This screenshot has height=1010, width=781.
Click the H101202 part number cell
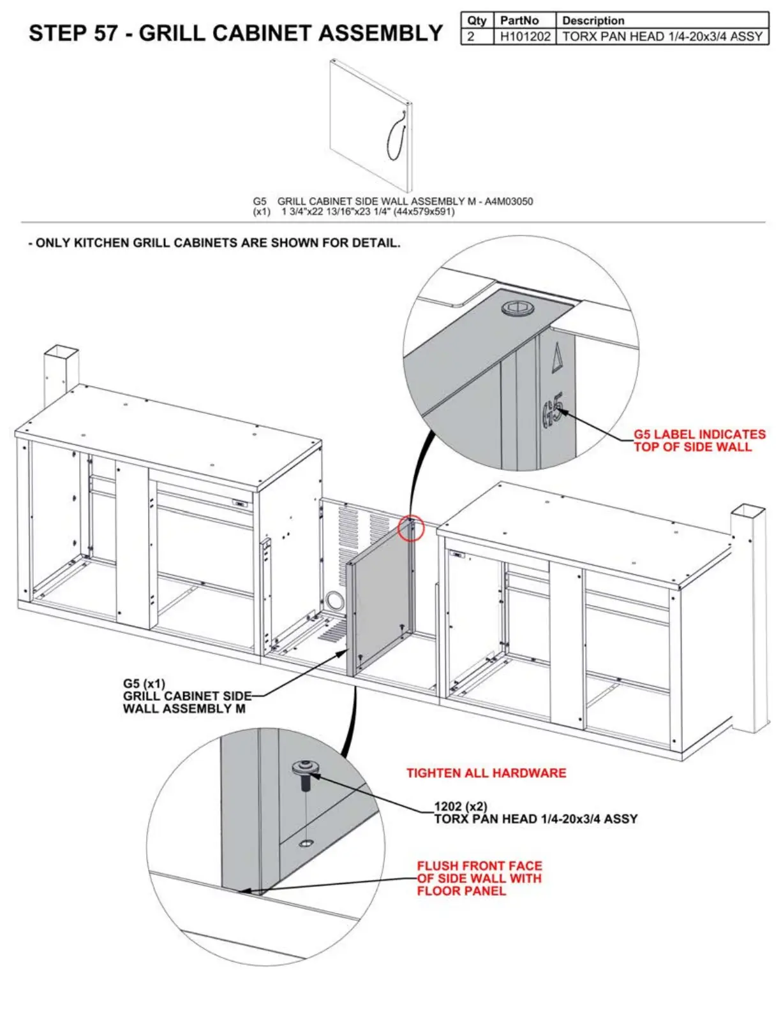click(524, 36)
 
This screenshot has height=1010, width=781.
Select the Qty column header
click(477, 20)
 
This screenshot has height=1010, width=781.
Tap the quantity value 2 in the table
click(471, 36)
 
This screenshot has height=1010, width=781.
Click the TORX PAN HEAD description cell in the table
click(662, 36)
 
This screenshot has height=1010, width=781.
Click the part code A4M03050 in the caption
click(509, 201)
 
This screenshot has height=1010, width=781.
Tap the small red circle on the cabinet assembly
click(411, 528)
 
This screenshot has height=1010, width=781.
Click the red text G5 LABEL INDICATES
click(699, 434)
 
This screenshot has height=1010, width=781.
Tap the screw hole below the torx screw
click(306, 844)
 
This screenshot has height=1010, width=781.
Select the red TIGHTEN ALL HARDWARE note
click(486, 773)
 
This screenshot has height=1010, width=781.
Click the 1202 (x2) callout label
click(461, 807)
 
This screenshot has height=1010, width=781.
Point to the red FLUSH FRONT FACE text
click(479, 866)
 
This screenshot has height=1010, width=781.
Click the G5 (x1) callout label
click(144, 684)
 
